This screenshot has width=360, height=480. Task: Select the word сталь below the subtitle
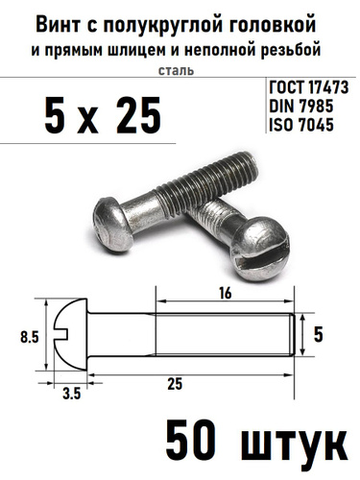176,70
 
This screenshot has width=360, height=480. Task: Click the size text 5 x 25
103,115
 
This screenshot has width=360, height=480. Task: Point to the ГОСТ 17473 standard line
308,87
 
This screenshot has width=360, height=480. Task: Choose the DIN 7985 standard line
301,106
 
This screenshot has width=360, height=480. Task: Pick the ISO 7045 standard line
301,124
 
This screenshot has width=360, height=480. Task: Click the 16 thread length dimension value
226,293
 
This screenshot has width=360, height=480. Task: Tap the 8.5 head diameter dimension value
29,337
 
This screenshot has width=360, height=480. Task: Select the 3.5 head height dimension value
71,394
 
